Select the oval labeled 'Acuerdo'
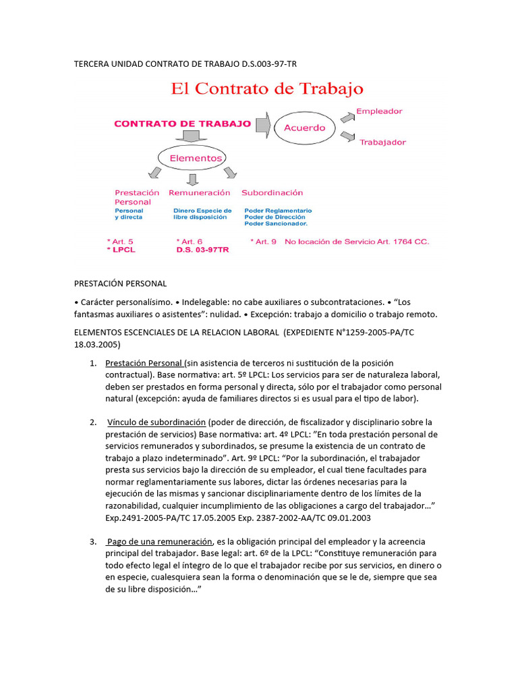(304, 128)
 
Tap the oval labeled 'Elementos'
(196, 158)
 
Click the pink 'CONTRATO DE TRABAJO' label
(182, 123)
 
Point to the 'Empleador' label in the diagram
(379, 111)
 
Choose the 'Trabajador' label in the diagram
(382, 142)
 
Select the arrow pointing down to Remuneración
(193, 179)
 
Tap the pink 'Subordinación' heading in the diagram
(272, 192)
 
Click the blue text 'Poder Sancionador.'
(275, 223)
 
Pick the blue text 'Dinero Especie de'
(202, 211)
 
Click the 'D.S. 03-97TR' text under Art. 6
(202, 250)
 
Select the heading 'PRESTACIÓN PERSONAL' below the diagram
(119, 283)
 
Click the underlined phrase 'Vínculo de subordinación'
(156, 422)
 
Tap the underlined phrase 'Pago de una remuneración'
(159, 542)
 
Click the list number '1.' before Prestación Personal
(94, 363)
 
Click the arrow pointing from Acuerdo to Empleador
(346, 118)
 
